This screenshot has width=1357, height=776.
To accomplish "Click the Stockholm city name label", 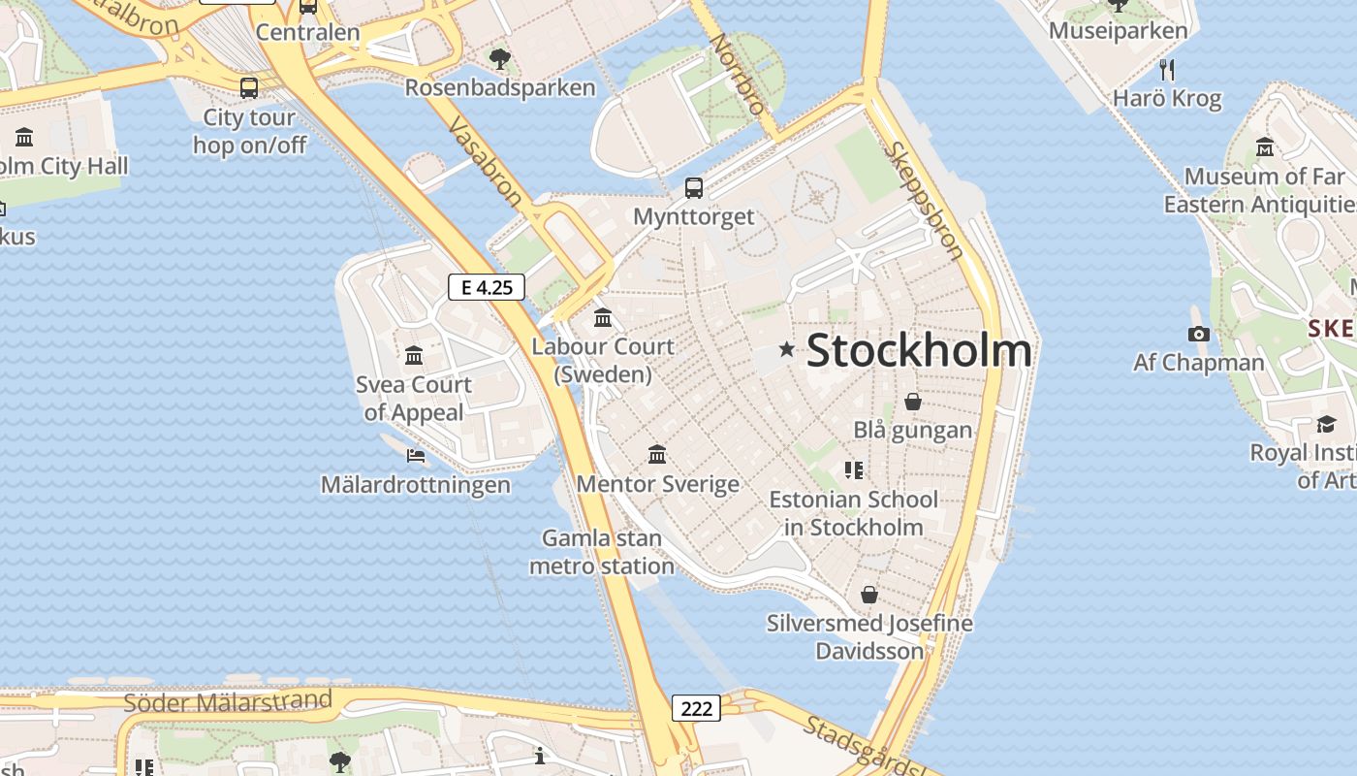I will (918, 350).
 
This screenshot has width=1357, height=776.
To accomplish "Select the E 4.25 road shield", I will (487, 287).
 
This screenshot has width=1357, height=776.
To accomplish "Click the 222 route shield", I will (696, 708).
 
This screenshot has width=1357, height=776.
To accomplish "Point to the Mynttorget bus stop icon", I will (694, 188).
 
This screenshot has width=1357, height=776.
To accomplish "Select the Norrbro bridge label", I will (737, 74).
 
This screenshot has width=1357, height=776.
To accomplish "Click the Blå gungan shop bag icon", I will (912, 401).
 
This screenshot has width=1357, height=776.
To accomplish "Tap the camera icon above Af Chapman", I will (1199, 335).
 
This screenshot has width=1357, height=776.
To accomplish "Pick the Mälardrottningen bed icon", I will (416, 455).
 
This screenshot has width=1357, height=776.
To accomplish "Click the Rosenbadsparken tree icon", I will (500, 59).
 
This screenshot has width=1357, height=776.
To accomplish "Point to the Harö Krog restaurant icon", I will (1167, 70).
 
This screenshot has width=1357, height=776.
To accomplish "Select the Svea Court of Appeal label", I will (414, 399).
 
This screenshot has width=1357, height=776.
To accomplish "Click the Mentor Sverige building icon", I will (657, 454).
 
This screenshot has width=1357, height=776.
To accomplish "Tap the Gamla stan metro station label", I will (602, 552).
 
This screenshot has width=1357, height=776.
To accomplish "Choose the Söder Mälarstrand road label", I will (229, 702).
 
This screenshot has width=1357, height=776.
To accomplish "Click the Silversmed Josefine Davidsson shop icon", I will (869, 594).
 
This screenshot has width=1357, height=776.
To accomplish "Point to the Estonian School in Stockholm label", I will (853, 514).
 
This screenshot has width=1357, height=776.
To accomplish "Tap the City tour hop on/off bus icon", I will (249, 88).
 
